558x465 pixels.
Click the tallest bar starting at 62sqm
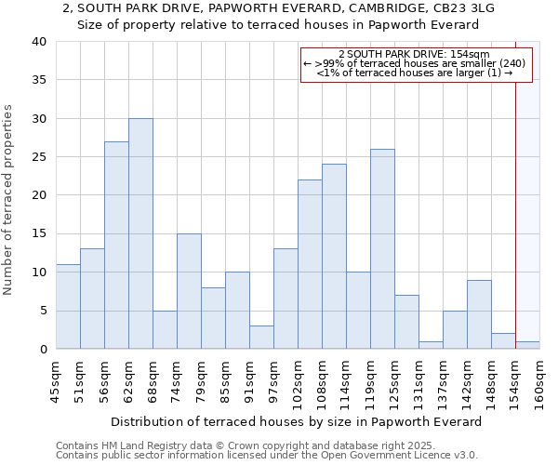pos(140,233)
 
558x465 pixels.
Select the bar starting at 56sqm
pos(116,246)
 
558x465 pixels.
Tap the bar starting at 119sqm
pos(382,249)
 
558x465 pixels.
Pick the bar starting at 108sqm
pos(334,257)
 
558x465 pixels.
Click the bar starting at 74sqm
pos(189,291)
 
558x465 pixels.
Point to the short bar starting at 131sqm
pos(431,345)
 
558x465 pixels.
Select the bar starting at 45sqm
pos(68,307)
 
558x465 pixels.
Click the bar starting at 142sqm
pos(479,314)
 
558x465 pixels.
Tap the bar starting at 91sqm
pos(261,338)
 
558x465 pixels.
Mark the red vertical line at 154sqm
pos(515,214)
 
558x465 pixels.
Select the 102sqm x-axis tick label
pos(299,379)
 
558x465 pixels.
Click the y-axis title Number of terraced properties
pos(8,200)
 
